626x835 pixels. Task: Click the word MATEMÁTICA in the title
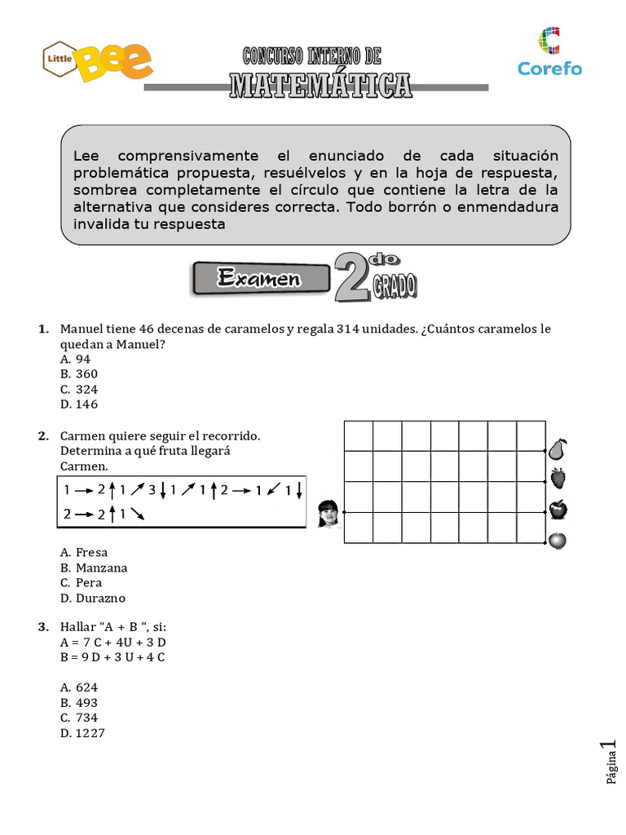point(320,84)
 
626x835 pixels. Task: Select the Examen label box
point(259,279)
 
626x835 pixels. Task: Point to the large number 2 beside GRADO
point(351,279)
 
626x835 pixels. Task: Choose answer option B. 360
point(79,374)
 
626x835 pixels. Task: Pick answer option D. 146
point(79,404)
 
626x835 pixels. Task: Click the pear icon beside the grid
point(558,449)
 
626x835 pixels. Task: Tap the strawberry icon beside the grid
point(558,479)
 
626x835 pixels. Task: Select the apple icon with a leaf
point(558,510)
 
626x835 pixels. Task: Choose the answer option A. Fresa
point(84,553)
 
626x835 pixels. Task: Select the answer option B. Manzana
point(94,568)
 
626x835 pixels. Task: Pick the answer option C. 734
point(79,718)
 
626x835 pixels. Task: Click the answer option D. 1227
point(82,734)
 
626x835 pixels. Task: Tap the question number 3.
point(42,627)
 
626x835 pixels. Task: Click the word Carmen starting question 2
point(82,436)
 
